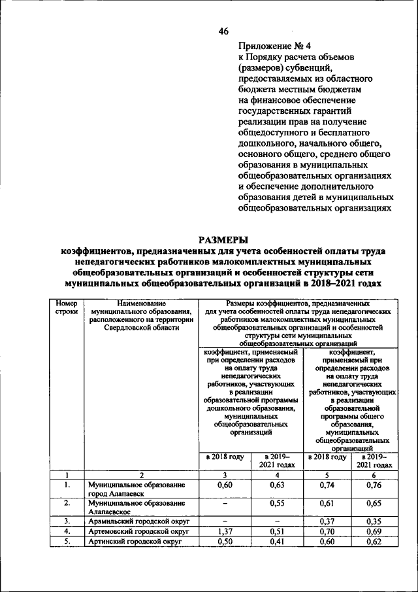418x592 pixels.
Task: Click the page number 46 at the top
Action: [223, 31]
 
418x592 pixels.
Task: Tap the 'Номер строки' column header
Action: [67, 308]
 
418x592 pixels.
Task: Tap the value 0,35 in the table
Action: [374, 521]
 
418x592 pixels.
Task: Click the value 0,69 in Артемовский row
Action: [374, 532]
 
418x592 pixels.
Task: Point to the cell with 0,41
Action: [276, 542]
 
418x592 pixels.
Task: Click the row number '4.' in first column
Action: [67, 532]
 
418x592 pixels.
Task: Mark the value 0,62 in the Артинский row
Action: [374, 542]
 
